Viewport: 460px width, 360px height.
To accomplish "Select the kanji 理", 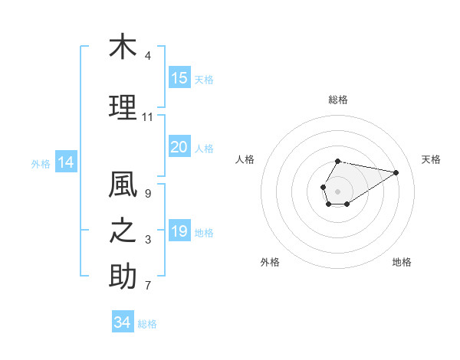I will (x=122, y=108).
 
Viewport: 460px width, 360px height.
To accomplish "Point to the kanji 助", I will (x=122, y=277).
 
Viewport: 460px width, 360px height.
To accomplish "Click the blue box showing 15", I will (x=179, y=78).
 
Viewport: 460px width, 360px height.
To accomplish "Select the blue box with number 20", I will (x=179, y=147).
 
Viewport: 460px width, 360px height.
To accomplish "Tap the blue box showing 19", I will (x=179, y=231).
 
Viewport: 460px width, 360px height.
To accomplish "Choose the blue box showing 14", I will (x=65, y=162).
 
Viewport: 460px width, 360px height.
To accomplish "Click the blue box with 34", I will (x=123, y=322).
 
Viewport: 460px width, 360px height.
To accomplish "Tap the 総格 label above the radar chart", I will (x=338, y=100).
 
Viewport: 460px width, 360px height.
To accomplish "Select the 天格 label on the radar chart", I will (x=431, y=159).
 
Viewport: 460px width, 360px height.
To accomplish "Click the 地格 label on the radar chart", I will (x=402, y=262).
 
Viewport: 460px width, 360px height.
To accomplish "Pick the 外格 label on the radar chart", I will (x=270, y=262).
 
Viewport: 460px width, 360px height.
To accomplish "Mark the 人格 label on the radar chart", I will (x=245, y=159).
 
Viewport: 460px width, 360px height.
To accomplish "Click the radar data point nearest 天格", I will (x=396, y=172).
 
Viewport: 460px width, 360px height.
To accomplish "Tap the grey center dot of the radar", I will (x=337, y=190).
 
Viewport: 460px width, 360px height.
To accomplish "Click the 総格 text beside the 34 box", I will (x=147, y=324).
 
